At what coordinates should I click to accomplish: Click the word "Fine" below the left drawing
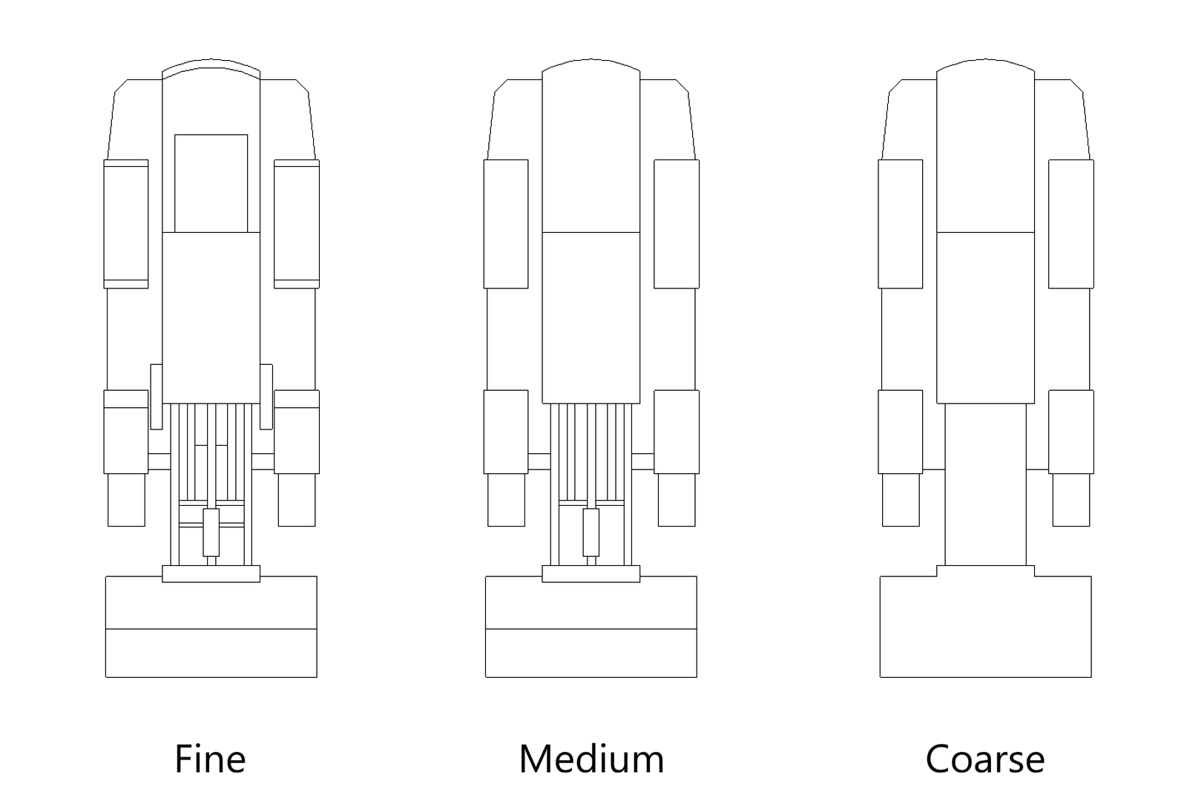point(211,759)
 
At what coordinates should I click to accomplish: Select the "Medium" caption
point(591,759)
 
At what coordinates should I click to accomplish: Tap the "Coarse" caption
point(985,759)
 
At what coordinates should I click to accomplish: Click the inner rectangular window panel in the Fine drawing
point(211,183)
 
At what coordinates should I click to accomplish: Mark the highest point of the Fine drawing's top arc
point(211,59)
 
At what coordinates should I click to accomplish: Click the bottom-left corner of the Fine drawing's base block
point(106,677)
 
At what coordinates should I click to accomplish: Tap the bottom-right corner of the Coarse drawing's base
point(1090,677)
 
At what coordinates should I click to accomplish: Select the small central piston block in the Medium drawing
point(591,533)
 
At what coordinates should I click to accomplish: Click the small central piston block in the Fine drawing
point(211,533)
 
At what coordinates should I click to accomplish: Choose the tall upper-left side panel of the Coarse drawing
point(901,224)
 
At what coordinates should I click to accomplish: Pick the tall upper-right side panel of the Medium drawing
point(677,224)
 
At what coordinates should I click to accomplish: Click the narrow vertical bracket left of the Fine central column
point(156,396)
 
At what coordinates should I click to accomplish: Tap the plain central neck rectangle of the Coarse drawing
point(985,484)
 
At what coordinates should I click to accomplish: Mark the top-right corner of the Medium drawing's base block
point(697,576)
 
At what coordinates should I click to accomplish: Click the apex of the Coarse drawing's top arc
point(985,59)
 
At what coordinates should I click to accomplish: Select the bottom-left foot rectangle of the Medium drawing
point(506,500)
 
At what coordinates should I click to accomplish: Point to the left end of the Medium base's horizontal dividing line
point(486,629)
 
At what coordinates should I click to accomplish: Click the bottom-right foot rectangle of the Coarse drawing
point(1071,500)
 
